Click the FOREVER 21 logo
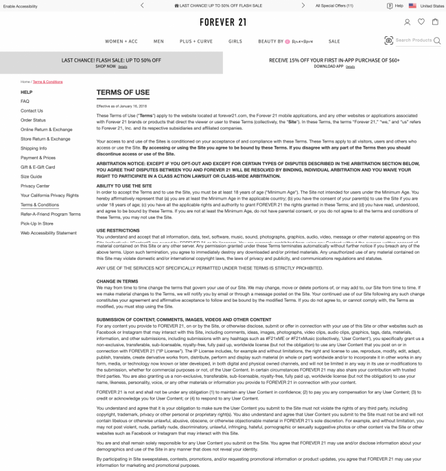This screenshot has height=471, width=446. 222,22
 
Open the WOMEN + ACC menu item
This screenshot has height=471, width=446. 121,41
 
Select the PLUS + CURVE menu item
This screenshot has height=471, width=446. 196,41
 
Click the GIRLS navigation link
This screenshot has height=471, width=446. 235,41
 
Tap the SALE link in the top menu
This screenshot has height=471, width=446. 334,41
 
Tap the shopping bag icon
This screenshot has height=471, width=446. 435,22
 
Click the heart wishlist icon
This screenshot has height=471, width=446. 421,22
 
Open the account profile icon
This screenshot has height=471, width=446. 408,22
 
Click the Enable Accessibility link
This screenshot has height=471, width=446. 21,5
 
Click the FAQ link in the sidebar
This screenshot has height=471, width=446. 25,101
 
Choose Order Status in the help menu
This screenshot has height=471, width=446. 33,120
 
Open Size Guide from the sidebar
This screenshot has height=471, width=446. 31,176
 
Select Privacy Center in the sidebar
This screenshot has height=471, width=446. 35,186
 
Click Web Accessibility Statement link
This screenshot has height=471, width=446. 49,232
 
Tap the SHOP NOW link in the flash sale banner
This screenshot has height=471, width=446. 106,67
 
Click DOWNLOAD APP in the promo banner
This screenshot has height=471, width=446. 329,67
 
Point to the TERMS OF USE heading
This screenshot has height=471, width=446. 123,93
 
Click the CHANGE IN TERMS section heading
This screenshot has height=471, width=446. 117,281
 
